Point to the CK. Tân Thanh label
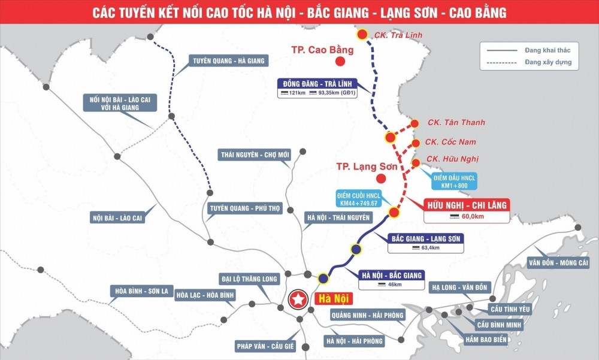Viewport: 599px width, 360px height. (x=456, y=123)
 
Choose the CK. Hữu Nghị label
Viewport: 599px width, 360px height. (x=452, y=159)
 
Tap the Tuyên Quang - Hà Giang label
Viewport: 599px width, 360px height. (x=228, y=60)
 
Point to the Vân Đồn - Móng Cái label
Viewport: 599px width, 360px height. (x=558, y=263)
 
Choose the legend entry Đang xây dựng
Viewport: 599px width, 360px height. (x=547, y=62)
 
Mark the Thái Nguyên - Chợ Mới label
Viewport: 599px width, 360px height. (x=255, y=155)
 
